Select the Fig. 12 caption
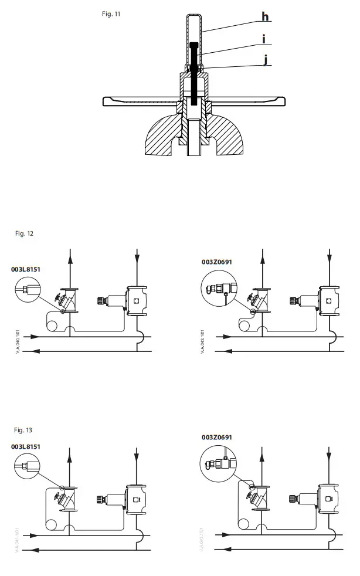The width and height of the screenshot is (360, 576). tap(24, 233)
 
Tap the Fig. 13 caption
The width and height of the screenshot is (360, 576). tap(24, 430)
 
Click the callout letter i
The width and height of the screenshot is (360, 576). tap(264, 40)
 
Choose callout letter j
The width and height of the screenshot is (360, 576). tap(265, 59)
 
